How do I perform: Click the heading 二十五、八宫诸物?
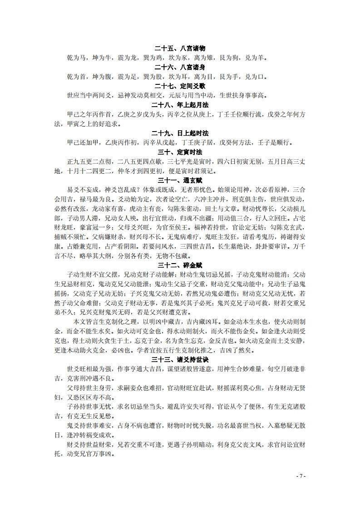(180, 49)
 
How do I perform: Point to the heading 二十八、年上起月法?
(180, 105)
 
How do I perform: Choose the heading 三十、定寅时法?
(180, 152)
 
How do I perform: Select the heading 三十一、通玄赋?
(180, 180)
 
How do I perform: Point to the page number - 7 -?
(301, 476)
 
